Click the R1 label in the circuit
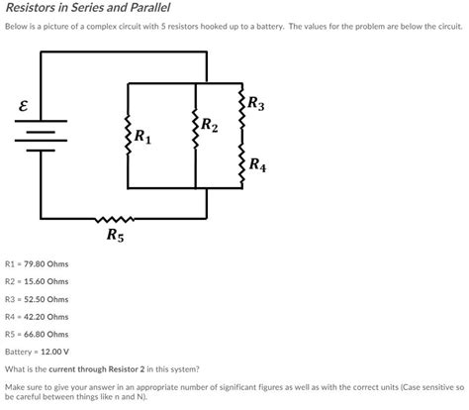click(143, 136)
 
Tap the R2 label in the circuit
click(210, 125)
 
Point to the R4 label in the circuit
click(256, 164)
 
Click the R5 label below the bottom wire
click(116, 236)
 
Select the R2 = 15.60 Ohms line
click(37, 281)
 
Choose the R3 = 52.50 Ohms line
click(37, 299)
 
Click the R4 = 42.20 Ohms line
click(37, 317)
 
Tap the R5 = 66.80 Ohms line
click(37, 335)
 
